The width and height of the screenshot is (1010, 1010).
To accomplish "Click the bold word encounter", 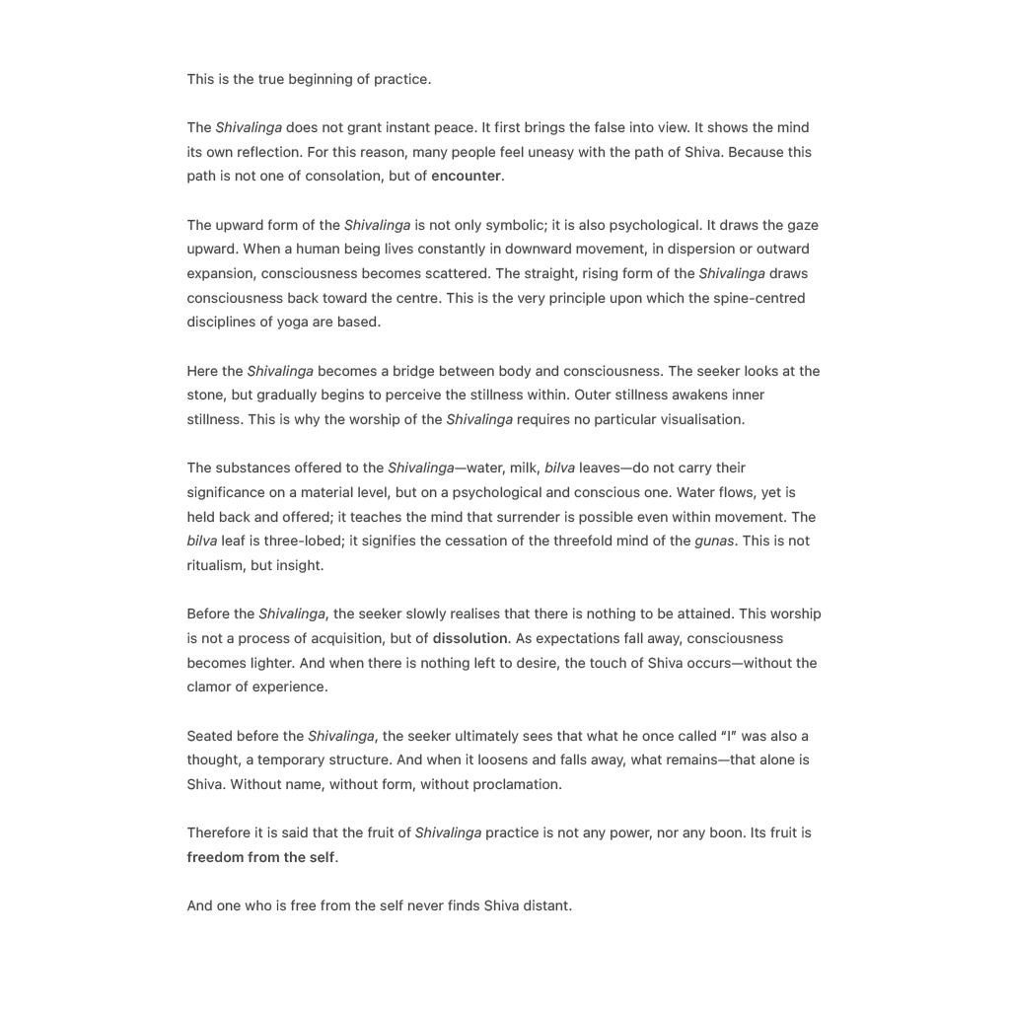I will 466,177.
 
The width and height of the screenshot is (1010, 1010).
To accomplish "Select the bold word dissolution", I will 469,639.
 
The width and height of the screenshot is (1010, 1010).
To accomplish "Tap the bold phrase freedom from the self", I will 260,858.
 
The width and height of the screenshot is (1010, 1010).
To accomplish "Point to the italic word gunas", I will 714,541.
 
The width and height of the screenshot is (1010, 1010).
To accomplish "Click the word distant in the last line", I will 546,906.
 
